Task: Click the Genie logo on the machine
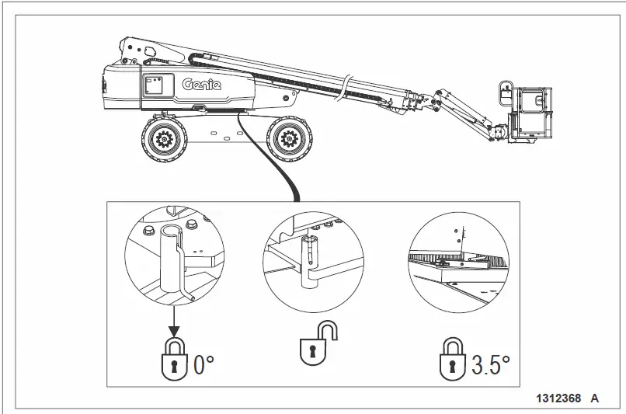click(x=201, y=85)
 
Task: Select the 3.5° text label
click(x=491, y=364)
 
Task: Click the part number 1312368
click(x=557, y=398)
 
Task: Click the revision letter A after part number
click(x=594, y=398)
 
